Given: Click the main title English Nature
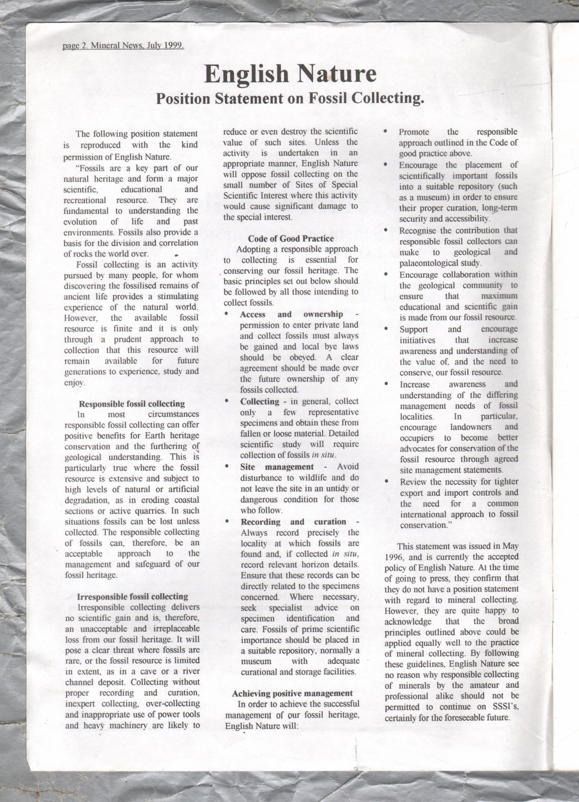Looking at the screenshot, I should (290, 74).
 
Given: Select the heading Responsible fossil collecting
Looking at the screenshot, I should (132, 404).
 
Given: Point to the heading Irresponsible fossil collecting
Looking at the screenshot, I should (133, 596).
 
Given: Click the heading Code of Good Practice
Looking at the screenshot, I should (291, 238).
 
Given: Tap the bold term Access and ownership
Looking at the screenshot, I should (291, 314).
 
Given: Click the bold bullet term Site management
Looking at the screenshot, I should (277, 467).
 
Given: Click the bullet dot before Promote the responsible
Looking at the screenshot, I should (385, 132).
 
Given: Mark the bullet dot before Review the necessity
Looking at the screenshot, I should (386, 482).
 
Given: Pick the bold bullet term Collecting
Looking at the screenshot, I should (260, 401).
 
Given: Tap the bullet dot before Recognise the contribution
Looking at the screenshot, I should (386, 231).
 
